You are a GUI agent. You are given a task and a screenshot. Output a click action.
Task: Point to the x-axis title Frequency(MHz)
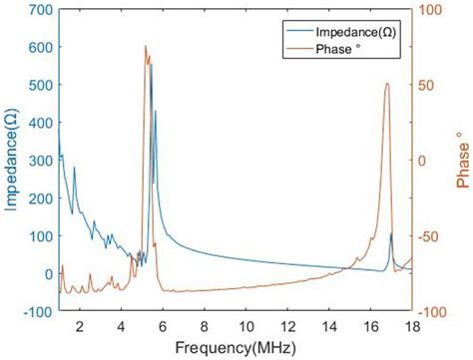(236, 348)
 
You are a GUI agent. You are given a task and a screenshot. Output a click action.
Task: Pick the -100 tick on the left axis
(37, 312)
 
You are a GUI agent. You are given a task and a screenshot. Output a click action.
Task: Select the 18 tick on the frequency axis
(411, 325)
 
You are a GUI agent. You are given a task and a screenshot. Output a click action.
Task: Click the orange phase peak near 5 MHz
(146, 47)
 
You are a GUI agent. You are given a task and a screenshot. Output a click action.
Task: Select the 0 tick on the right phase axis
(424, 162)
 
